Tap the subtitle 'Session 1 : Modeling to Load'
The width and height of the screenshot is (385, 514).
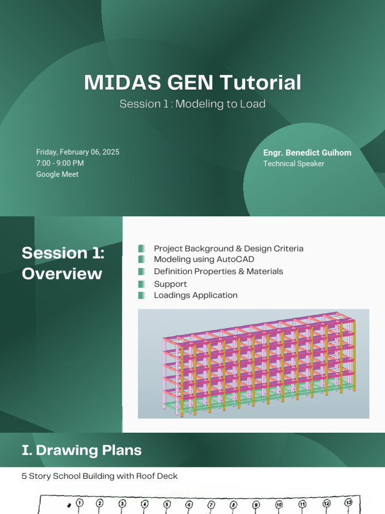[x=192, y=104]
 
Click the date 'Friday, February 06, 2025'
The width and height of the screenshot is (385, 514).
[x=78, y=152]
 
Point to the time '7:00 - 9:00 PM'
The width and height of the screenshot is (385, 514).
[x=60, y=163]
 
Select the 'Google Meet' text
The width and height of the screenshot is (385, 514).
[x=57, y=174]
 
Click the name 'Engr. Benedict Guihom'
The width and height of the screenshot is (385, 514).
[x=307, y=153]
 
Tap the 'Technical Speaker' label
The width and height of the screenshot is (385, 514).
[x=294, y=164]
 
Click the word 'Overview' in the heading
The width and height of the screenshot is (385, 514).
[x=62, y=274]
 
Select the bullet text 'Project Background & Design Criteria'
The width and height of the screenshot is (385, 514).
[x=228, y=248]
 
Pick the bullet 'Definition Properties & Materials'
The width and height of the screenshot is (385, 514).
[x=218, y=272]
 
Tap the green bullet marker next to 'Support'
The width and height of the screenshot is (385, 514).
[x=142, y=284]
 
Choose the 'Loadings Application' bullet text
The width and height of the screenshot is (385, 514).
[x=196, y=295]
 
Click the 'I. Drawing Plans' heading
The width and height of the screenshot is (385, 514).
[x=82, y=450]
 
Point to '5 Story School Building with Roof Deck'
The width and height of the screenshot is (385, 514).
[x=99, y=476]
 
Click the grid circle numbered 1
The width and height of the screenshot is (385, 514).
[x=79, y=503]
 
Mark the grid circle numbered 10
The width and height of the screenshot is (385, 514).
[x=279, y=504]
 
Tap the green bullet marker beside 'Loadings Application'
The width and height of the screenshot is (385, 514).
[x=142, y=295]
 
